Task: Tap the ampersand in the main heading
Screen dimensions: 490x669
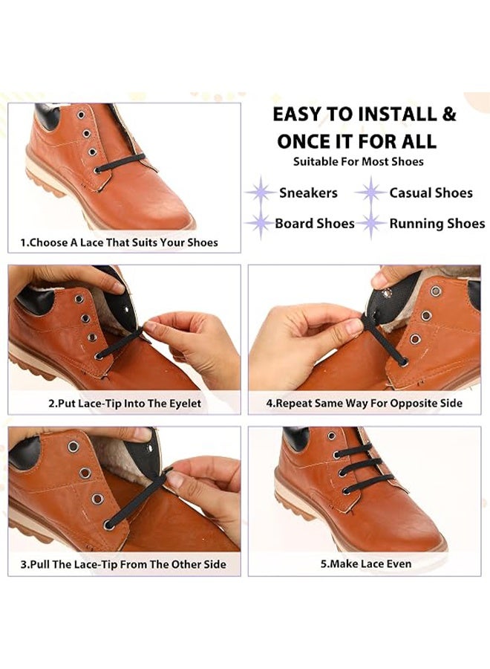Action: click(x=448, y=114)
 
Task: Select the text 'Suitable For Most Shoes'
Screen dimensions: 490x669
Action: click(x=359, y=162)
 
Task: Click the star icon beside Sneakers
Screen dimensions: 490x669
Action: click(x=261, y=193)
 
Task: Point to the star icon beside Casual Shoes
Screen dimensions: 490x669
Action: click(x=371, y=193)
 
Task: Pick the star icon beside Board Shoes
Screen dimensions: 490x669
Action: click(x=260, y=223)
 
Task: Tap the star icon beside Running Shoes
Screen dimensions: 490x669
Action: click(x=371, y=223)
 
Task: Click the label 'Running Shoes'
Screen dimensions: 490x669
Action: click(x=437, y=224)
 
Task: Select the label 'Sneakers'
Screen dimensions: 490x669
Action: click(x=309, y=193)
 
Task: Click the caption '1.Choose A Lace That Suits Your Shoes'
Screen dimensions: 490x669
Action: click(x=120, y=243)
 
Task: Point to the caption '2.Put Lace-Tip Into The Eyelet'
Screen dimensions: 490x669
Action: click(x=125, y=404)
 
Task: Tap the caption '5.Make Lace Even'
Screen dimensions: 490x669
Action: click(x=366, y=564)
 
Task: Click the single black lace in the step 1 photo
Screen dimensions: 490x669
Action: click(x=121, y=164)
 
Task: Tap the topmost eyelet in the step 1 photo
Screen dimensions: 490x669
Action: click(x=81, y=115)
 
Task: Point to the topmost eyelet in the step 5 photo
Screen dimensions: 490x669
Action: click(x=332, y=436)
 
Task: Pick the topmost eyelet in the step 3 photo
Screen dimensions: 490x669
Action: click(x=73, y=447)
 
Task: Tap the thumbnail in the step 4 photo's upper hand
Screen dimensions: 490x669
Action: click(x=379, y=281)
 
